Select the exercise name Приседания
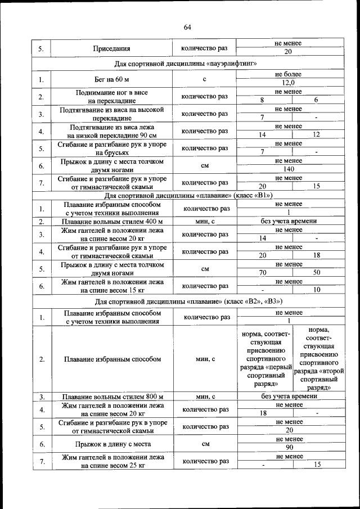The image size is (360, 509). pos(112,48)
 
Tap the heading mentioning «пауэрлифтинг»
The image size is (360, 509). pos(186,63)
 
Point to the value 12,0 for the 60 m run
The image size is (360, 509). pos(289,83)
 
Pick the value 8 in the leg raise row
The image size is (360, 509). pos(262,100)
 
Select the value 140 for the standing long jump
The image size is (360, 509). pos(289,169)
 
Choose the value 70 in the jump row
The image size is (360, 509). pos(262,273)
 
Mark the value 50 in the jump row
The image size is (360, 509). pos(317,273)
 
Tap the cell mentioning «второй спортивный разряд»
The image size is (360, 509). pos(318,358)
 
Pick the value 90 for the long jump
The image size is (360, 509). pos(289,448)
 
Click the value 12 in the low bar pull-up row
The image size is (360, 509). pos(317,134)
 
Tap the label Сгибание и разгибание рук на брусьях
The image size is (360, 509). pos(112,148)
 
